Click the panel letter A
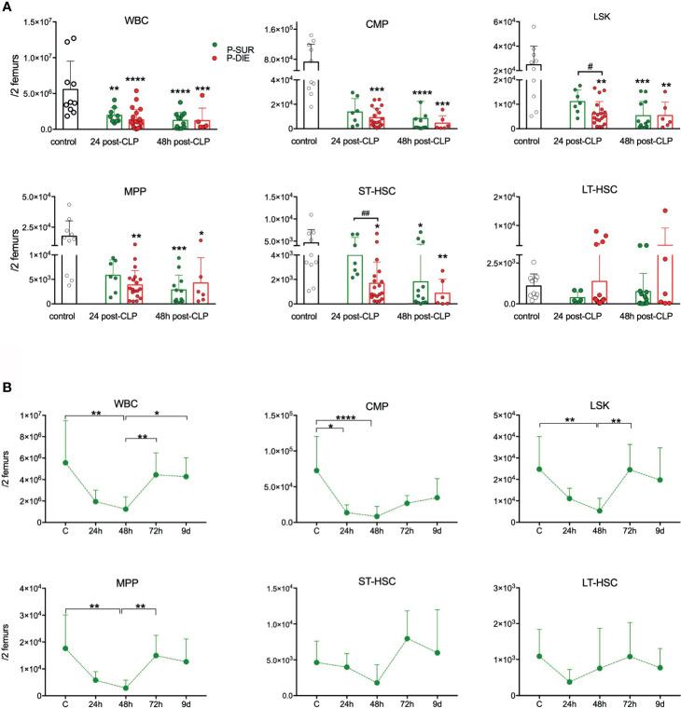point(7,7)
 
